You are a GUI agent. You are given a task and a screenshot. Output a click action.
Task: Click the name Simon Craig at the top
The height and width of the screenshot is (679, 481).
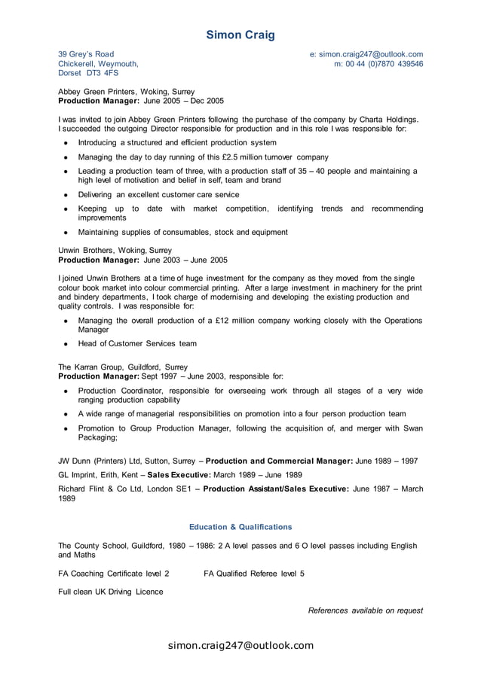(240, 35)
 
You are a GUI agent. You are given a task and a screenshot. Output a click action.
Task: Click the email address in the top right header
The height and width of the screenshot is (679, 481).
(366, 54)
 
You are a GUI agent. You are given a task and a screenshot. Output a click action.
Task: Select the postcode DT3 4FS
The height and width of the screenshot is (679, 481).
(100, 74)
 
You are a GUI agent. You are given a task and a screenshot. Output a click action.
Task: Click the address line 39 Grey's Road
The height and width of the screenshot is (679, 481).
(86, 54)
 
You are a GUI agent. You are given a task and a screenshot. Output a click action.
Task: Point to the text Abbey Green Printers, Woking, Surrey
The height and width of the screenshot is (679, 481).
(127, 90)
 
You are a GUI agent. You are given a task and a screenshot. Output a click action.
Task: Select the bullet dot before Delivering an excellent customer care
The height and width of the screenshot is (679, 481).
(66, 194)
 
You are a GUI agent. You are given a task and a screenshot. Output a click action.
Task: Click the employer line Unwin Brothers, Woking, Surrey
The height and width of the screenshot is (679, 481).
(115, 250)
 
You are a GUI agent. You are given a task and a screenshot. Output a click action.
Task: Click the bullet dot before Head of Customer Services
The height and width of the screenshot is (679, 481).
(66, 344)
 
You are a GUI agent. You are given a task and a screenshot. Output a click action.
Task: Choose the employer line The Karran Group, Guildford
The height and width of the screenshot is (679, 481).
(123, 367)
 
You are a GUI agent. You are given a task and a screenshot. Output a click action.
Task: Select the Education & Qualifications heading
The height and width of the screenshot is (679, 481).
(240, 527)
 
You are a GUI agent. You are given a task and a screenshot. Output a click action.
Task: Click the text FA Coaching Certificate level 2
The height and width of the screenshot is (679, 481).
(114, 574)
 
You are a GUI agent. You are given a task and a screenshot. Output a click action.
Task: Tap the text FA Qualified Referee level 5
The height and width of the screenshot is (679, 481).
(254, 574)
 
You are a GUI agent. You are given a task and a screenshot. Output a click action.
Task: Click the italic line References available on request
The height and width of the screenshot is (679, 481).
(366, 610)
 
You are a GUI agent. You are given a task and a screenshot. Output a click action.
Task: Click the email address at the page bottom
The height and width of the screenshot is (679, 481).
(240, 645)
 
